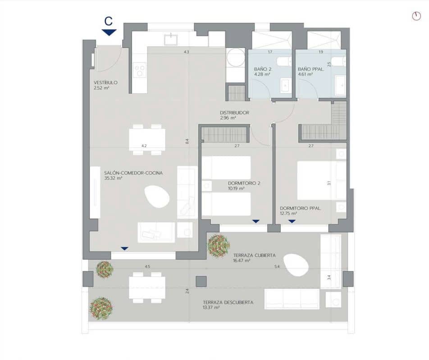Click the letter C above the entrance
(108, 21)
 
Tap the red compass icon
(416, 16)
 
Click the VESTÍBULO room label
(105, 83)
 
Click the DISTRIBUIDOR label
(234, 113)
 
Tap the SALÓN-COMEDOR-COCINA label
(133, 173)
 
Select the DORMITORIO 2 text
(244, 183)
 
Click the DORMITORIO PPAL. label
(300, 208)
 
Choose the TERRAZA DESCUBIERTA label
(228, 302)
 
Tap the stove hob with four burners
(140, 70)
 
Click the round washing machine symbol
(235, 58)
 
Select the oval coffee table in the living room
(157, 197)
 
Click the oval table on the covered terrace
(296, 264)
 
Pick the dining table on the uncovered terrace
(147, 287)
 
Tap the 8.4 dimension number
(187, 141)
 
